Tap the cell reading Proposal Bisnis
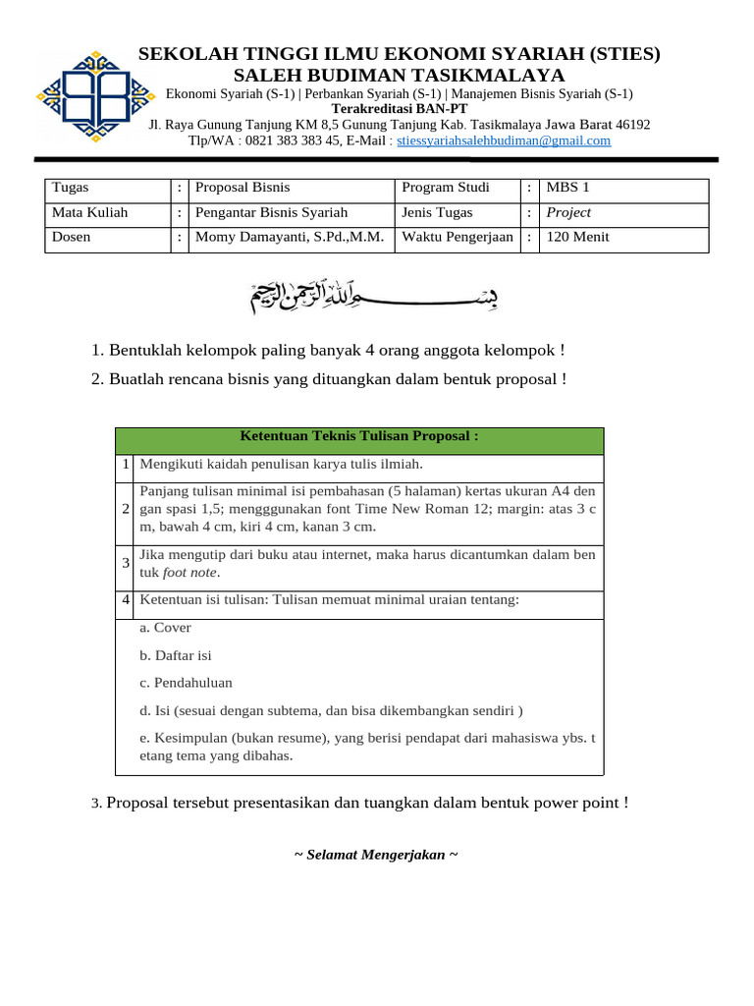coord(242,188)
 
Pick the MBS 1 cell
coord(568,188)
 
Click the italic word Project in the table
coord(568,212)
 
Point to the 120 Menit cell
coord(577,237)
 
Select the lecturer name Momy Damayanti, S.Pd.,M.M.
coord(290,237)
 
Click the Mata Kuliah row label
coord(89,212)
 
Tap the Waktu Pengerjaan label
coord(457,237)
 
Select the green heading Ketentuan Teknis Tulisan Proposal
coord(359,436)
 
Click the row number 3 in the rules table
coord(127,563)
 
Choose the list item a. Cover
coord(166,628)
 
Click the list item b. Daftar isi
coord(176,655)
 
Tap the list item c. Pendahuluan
coord(187,683)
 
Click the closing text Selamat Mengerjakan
coord(377,855)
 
